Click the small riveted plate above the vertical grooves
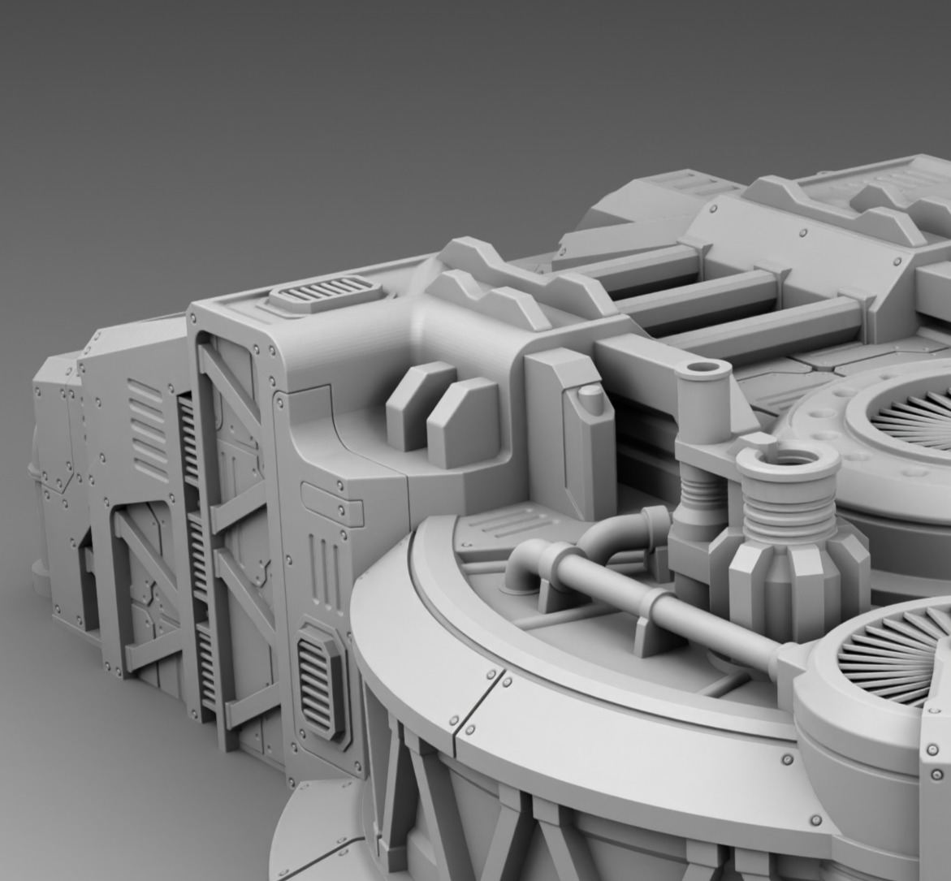(331, 503)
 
